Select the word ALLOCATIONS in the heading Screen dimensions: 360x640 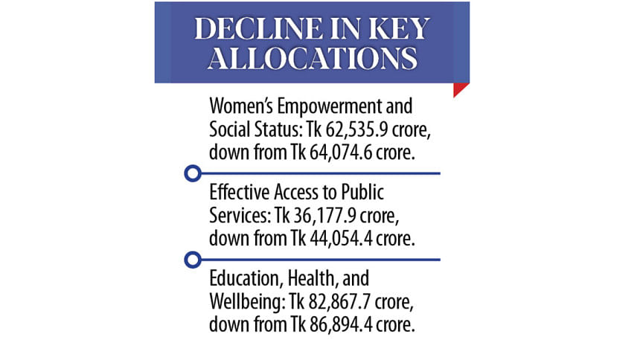[312, 59]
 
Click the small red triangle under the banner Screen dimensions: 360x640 [461, 90]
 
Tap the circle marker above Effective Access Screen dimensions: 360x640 [193, 173]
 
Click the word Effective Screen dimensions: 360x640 [238, 192]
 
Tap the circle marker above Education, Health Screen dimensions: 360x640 [193, 260]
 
